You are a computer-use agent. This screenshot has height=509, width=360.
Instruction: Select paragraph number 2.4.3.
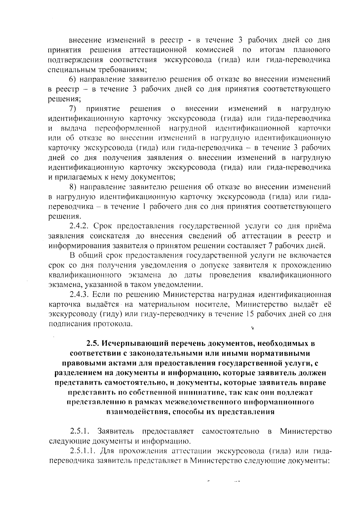82,295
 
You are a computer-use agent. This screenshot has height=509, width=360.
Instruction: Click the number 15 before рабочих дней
250,314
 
